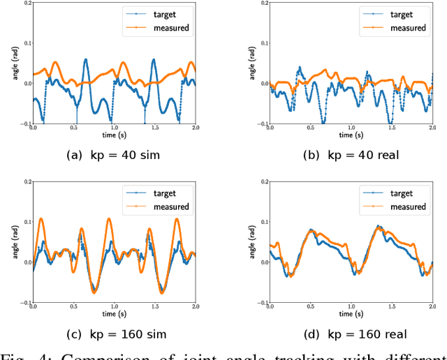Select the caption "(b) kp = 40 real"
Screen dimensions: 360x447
(x=350, y=155)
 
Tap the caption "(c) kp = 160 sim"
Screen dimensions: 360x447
(x=112, y=334)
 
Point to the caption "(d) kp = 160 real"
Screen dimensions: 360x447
(x=351, y=334)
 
